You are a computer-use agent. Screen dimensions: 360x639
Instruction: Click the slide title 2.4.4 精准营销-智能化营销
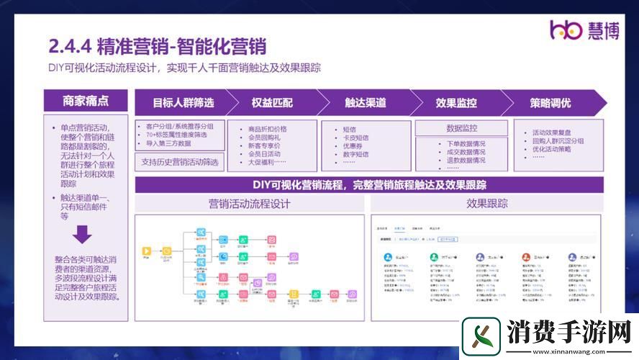[x=158, y=47]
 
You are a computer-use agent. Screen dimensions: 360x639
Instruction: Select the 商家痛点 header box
[x=86, y=102]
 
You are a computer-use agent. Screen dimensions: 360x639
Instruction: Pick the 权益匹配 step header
[x=272, y=103]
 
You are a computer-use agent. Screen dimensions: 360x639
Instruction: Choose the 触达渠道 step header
[x=365, y=103]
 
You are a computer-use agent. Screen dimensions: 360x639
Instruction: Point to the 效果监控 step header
[x=456, y=103]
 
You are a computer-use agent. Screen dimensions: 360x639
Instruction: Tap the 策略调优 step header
[x=550, y=103]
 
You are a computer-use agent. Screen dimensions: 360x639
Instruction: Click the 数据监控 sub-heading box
[x=461, y=128]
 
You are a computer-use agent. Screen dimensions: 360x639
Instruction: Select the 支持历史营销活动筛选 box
[x=180, y=161]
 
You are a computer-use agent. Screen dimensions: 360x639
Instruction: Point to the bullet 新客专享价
[x=264, y=146]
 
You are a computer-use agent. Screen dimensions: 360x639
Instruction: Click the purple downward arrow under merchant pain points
[x=82, y=235]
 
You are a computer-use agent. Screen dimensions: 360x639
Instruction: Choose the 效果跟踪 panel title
[x=487, y=204]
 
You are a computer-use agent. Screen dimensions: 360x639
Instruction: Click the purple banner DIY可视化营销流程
[x=369, y=185]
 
